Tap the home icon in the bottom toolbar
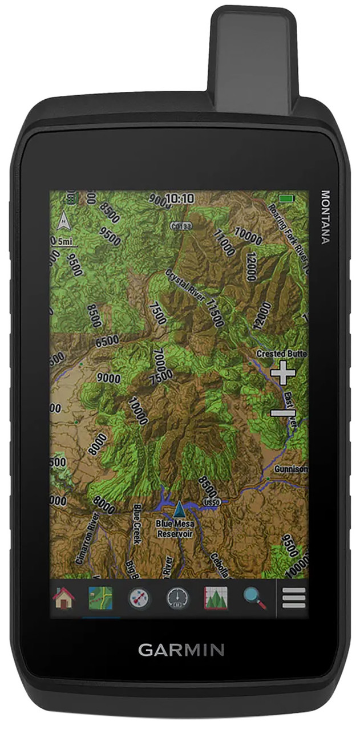click(64, 598)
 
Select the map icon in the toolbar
click(100, 598)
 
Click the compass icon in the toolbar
click(139, 598)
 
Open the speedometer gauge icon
click(177, 598)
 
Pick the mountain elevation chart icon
click(216, 598)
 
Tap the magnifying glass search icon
click(254, 598)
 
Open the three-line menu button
click(294, 598)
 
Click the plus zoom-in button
click(283, 373)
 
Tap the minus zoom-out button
click(283, 412)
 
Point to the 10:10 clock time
click(179, 198)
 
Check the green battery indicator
click(286, 198)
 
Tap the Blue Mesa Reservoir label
click(175, 529)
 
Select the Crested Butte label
click(282, 354)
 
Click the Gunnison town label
click(291, 469)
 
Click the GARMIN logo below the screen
click(181, 650)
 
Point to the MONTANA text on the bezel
click(325, 217)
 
